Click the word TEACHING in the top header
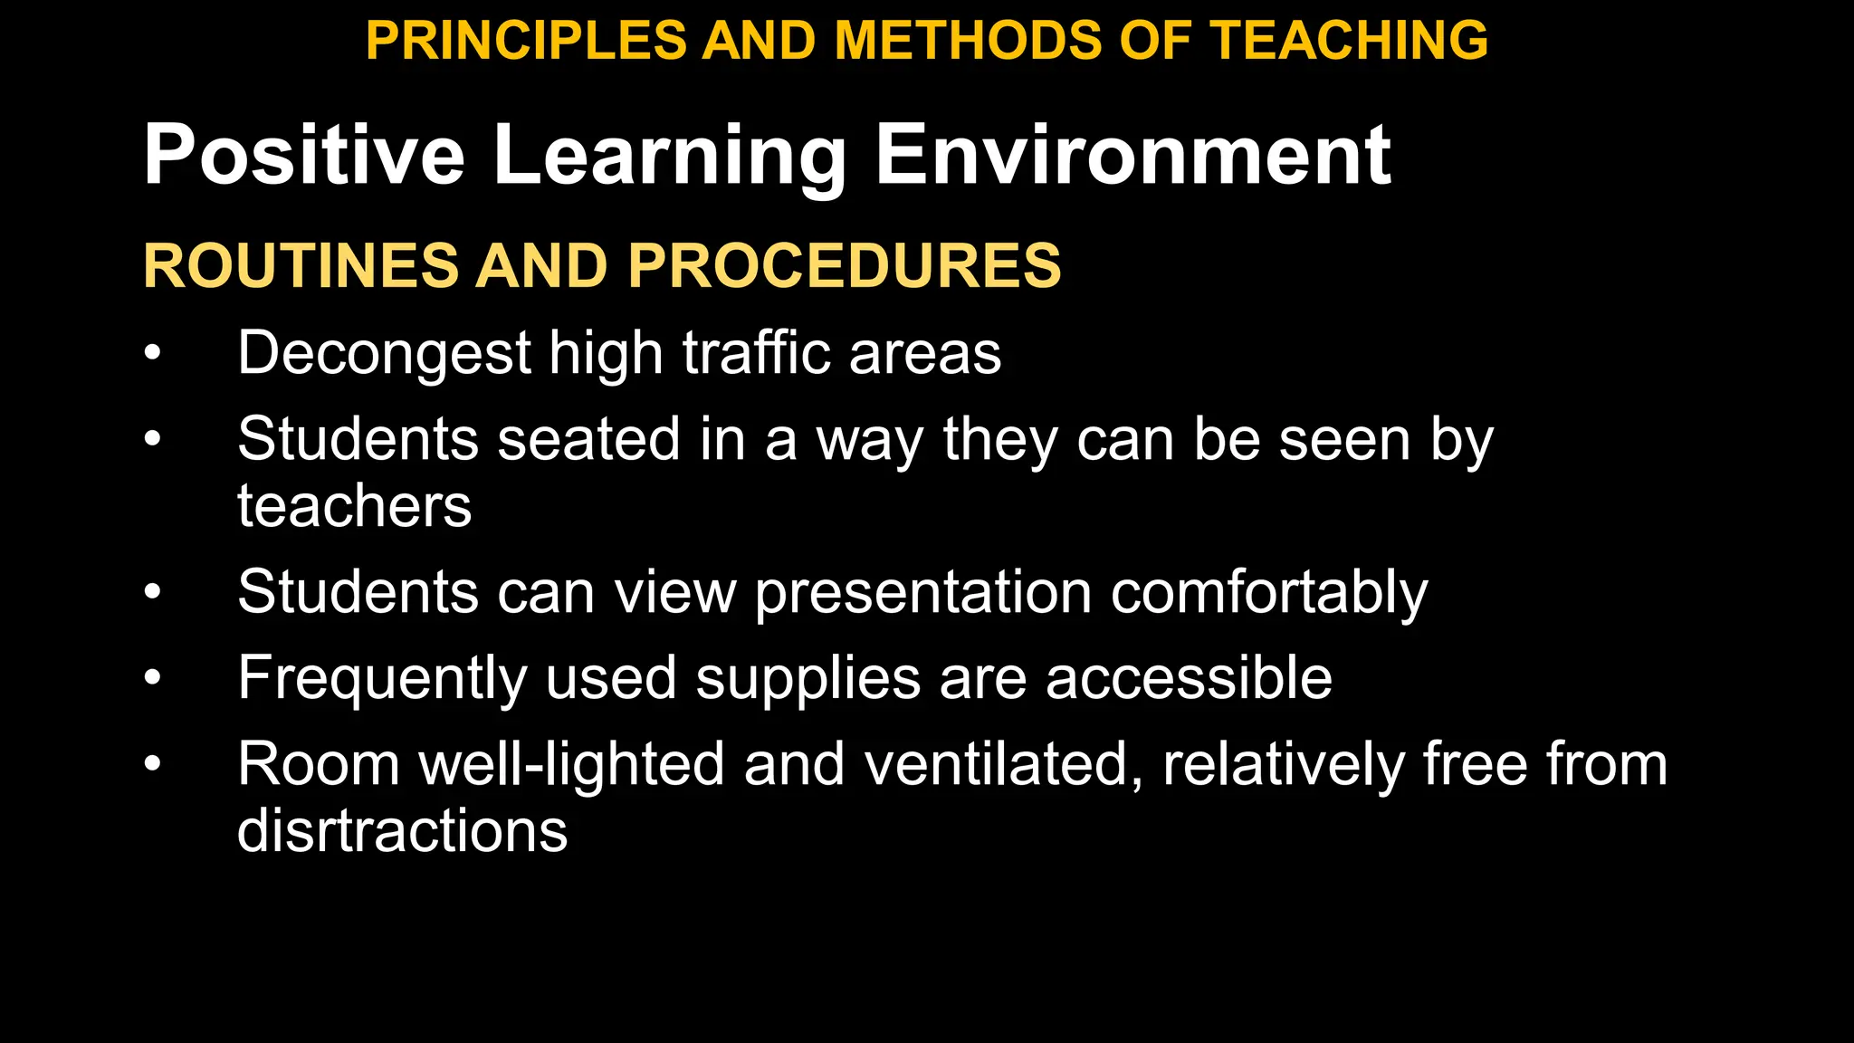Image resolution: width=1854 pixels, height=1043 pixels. [1349, 41]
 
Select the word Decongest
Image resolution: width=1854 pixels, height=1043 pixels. [384, 353]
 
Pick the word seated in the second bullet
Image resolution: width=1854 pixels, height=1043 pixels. [588, 439]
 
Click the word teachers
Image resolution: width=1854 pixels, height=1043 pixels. [354, 505]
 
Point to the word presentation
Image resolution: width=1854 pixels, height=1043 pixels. [923, 593]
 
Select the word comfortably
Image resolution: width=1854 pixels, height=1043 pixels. [1269, 593]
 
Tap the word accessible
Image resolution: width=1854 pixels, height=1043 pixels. [1189, 677]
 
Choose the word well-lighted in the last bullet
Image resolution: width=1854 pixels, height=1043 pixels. [571, 764]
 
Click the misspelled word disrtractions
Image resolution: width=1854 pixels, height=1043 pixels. [402, 830]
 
